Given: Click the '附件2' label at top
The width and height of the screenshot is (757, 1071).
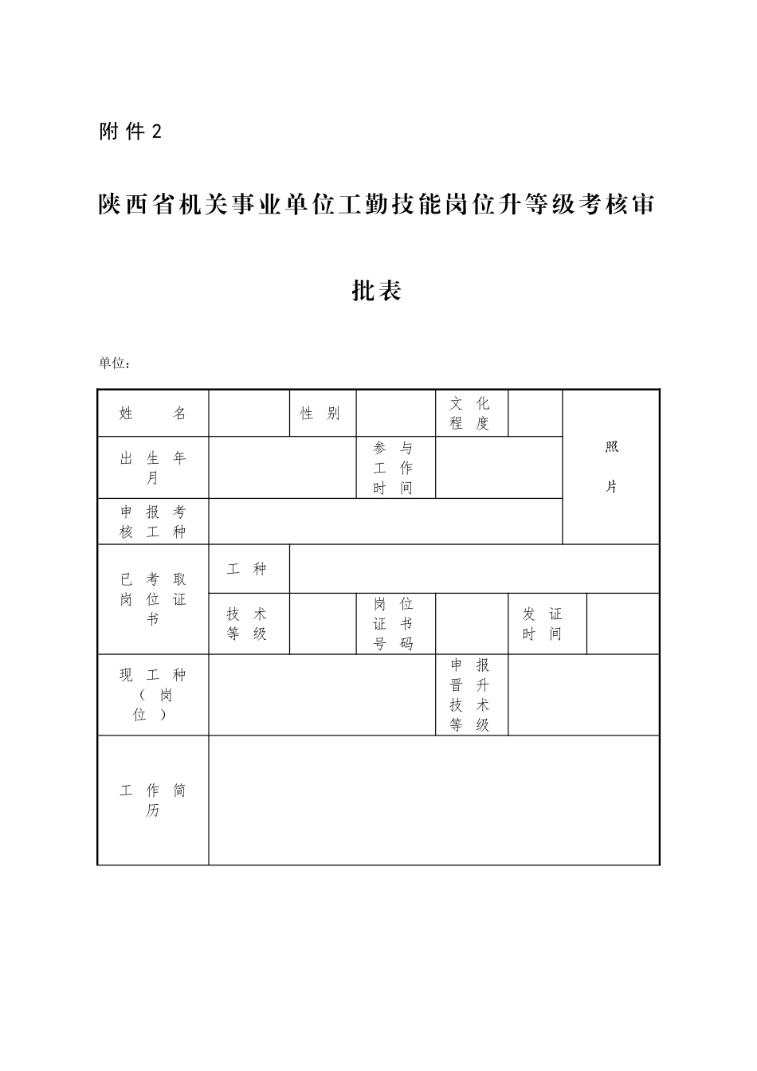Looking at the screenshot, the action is [x=130, y=132].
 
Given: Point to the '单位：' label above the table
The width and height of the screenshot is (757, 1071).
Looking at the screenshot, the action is [x=115, y=363].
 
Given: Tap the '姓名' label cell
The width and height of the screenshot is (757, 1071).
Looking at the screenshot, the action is [x=153, y=414].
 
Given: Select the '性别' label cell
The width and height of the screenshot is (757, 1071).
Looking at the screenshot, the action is [x=322, y=414].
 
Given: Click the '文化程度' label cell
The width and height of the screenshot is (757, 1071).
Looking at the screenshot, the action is [x=471, y=414].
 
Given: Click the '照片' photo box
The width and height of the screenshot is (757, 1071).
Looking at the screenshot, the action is [x=611, y=467].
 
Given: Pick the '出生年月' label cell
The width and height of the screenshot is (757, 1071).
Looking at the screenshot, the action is [x=153, y=468].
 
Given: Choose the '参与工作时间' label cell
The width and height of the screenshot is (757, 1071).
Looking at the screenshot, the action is [x=395, y=468].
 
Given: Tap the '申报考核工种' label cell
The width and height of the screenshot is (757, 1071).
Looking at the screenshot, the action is [x=153, y=522].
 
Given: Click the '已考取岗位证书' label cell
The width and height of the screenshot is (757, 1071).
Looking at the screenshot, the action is [x=153, y=599].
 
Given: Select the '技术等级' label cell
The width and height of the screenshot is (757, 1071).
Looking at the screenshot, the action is [x=249, y=624].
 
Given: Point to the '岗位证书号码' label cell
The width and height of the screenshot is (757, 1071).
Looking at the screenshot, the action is [x=395, y=624].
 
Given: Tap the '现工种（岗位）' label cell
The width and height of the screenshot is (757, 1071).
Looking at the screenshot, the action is [x=153, y=695].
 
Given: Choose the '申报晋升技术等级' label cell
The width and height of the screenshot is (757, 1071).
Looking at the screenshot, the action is [x=471, y=695].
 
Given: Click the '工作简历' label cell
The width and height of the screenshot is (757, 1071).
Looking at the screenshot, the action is [x=153, y=800].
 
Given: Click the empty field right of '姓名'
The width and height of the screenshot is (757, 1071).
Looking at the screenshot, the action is [x=249, y=414].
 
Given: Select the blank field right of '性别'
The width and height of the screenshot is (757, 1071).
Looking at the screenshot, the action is [x=395, y=414].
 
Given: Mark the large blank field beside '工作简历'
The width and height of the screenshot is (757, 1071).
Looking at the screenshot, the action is [x=433, y=800].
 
